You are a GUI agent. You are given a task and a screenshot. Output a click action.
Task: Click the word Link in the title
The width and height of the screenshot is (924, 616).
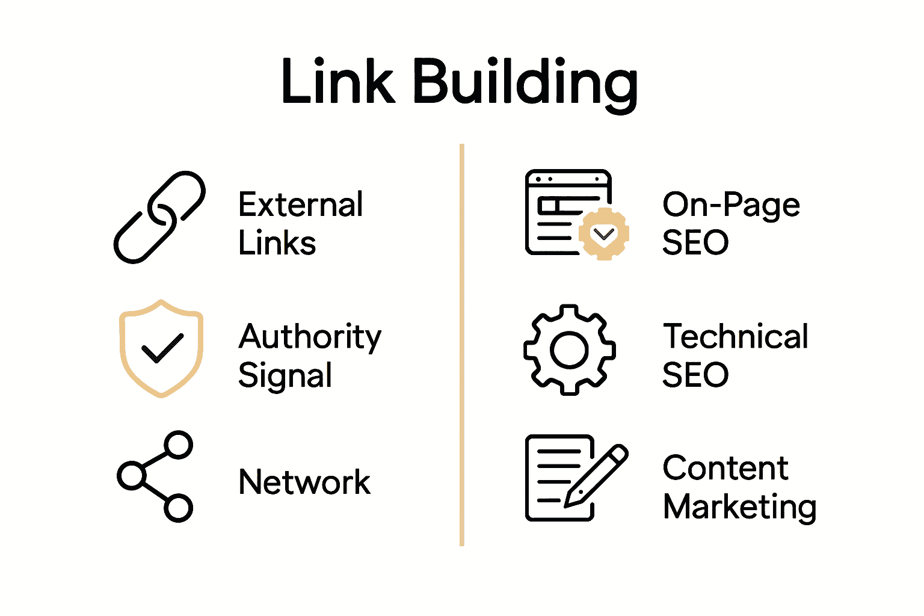click(337, 81)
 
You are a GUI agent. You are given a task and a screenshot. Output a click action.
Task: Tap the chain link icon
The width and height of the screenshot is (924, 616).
click(159, 217)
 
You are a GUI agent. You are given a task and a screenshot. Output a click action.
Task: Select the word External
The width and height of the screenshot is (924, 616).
click(300, 205)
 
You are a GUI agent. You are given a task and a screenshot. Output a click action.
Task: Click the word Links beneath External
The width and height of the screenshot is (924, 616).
click(277, 243)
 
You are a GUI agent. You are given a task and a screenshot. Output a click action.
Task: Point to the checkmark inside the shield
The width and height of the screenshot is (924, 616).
click(161, 348)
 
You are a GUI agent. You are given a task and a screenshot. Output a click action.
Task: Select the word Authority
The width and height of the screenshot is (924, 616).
click(310, 337)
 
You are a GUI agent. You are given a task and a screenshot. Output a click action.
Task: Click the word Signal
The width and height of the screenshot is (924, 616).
click(285, 375)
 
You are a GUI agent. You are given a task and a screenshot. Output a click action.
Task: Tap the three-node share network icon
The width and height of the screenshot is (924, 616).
click(155, 476)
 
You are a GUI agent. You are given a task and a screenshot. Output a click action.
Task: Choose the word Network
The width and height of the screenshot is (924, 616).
click(304, 482)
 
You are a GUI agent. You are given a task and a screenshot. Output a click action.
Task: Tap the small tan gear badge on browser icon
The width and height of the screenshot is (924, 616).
click(604, 234)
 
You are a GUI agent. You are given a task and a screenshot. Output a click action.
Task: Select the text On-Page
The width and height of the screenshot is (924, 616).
click(731, 205)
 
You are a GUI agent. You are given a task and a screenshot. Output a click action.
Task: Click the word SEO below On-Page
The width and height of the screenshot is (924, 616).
click(695, 243)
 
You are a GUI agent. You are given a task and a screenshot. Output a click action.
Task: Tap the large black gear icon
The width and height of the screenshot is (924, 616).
click(569, 350)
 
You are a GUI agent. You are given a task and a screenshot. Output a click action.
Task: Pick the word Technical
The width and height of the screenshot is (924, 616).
click(735, 336)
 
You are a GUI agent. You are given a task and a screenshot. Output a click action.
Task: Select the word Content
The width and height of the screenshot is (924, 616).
click(725, 468)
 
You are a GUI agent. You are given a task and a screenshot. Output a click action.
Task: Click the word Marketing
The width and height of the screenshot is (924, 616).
click(739, 507)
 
